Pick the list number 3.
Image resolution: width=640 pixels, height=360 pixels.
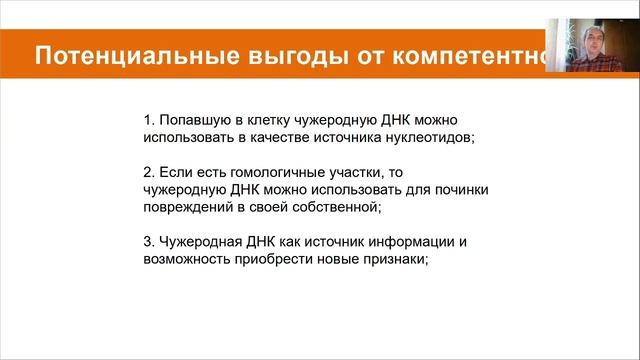(x=147, y=243)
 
